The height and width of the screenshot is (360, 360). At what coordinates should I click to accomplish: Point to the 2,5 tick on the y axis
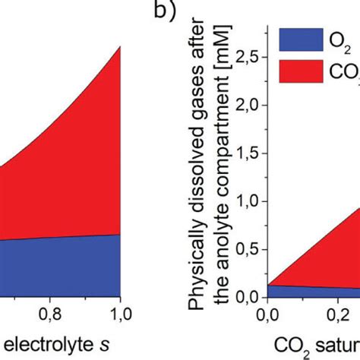(248, 57)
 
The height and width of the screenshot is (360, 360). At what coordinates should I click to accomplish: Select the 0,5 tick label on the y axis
(248, 250)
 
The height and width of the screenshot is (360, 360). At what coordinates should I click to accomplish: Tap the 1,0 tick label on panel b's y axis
(248, 202)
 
